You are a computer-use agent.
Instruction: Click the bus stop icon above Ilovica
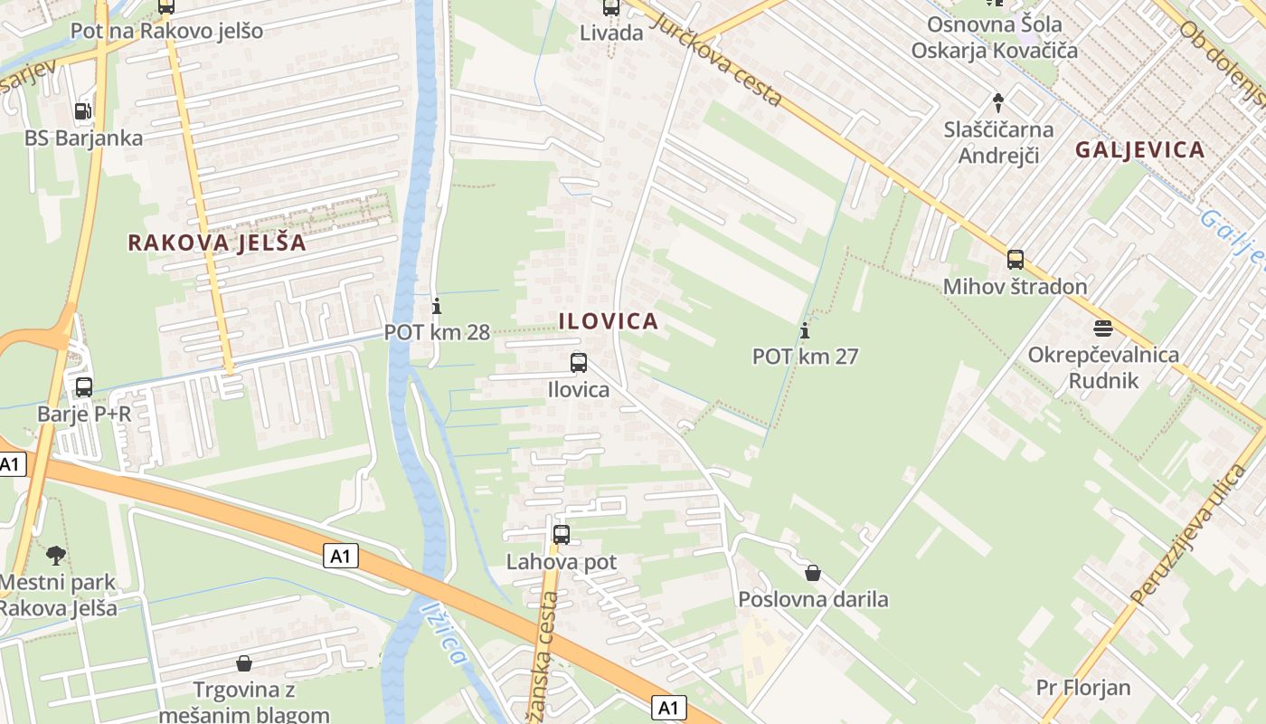(579, 363)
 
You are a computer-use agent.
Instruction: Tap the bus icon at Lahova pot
(562, 534)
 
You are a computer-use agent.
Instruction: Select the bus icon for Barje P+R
(84, 387)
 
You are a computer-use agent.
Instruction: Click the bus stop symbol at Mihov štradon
(1016, 260)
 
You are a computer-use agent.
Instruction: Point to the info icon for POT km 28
(437, 306)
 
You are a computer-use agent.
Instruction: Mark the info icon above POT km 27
(805, 330)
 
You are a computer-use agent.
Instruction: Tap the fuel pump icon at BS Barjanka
(82, 111)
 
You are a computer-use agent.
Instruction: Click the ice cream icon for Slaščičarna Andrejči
(998, 102)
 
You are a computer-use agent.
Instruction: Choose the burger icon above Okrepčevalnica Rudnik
(1102, 328)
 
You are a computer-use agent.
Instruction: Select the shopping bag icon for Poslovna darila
(813, 573)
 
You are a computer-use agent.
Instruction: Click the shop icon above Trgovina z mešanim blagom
(243, 663)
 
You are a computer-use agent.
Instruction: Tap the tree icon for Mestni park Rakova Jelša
(56, 555)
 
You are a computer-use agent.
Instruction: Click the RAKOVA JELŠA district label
(217, 243)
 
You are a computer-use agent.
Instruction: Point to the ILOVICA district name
(608, 321)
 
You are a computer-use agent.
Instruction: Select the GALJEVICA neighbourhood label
(1139, 150)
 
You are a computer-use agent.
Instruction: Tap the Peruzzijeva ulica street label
(1187, 534)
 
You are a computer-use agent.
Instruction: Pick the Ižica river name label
(445, 633)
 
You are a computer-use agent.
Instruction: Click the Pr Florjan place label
(1083, 687)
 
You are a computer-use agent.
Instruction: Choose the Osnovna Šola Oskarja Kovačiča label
(994, 37)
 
